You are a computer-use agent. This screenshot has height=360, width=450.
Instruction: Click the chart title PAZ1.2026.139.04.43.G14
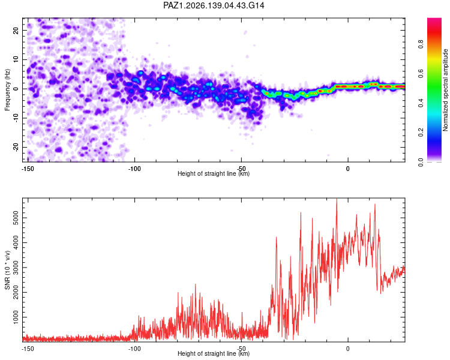214,5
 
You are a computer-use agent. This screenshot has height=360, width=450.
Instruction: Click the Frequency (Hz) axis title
7,90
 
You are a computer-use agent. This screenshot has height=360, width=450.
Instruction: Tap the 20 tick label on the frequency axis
16,30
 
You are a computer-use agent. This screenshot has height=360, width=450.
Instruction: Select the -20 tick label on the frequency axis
16,148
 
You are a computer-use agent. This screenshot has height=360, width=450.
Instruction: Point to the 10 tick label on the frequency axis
16,59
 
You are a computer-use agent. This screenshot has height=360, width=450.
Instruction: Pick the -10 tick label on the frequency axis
16,118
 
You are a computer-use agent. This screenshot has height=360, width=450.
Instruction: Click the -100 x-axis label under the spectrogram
134,169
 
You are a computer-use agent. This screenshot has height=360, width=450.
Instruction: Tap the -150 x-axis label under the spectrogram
28,169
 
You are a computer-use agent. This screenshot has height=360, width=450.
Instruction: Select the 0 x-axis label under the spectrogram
348,169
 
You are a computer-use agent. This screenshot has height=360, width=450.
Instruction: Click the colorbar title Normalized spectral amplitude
445,90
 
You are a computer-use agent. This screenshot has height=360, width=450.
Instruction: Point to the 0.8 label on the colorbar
421,44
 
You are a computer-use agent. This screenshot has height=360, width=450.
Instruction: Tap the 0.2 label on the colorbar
421,133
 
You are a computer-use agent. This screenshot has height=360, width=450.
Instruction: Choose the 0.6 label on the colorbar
421,74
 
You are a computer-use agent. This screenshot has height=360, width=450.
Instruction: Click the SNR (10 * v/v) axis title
7,270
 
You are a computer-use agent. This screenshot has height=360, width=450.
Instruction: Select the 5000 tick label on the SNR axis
16,218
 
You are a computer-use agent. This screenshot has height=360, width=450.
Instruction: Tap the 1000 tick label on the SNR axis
16,317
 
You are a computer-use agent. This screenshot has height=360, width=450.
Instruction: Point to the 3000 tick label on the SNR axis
16,268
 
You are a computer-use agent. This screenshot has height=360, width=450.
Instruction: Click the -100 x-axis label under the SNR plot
134,349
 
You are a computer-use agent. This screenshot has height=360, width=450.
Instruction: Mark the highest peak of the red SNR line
337,199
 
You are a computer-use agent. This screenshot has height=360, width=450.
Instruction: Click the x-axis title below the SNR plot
214,353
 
